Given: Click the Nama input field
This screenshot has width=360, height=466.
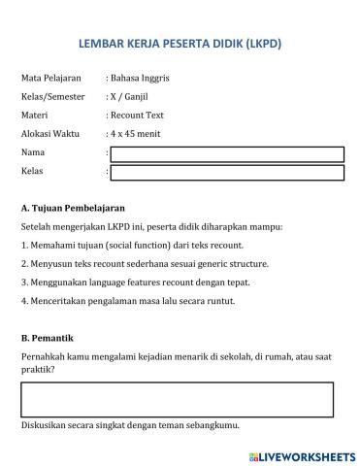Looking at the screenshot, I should pos(227,153).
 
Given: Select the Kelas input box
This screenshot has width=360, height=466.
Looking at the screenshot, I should pos(227,173).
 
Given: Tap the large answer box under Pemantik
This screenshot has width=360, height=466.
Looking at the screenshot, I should pos(177,399).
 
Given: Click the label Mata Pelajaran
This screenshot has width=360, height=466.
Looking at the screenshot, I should pos(50,77).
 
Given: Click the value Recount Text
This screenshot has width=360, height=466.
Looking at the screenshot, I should pos(137,115).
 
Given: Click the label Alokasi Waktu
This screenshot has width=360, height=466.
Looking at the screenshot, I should pos(49,134).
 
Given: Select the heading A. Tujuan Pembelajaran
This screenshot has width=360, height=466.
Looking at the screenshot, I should pos(72,209).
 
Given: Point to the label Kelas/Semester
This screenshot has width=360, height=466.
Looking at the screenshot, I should pos(53,96).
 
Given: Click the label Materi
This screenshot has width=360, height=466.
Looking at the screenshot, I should pos(34,115).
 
